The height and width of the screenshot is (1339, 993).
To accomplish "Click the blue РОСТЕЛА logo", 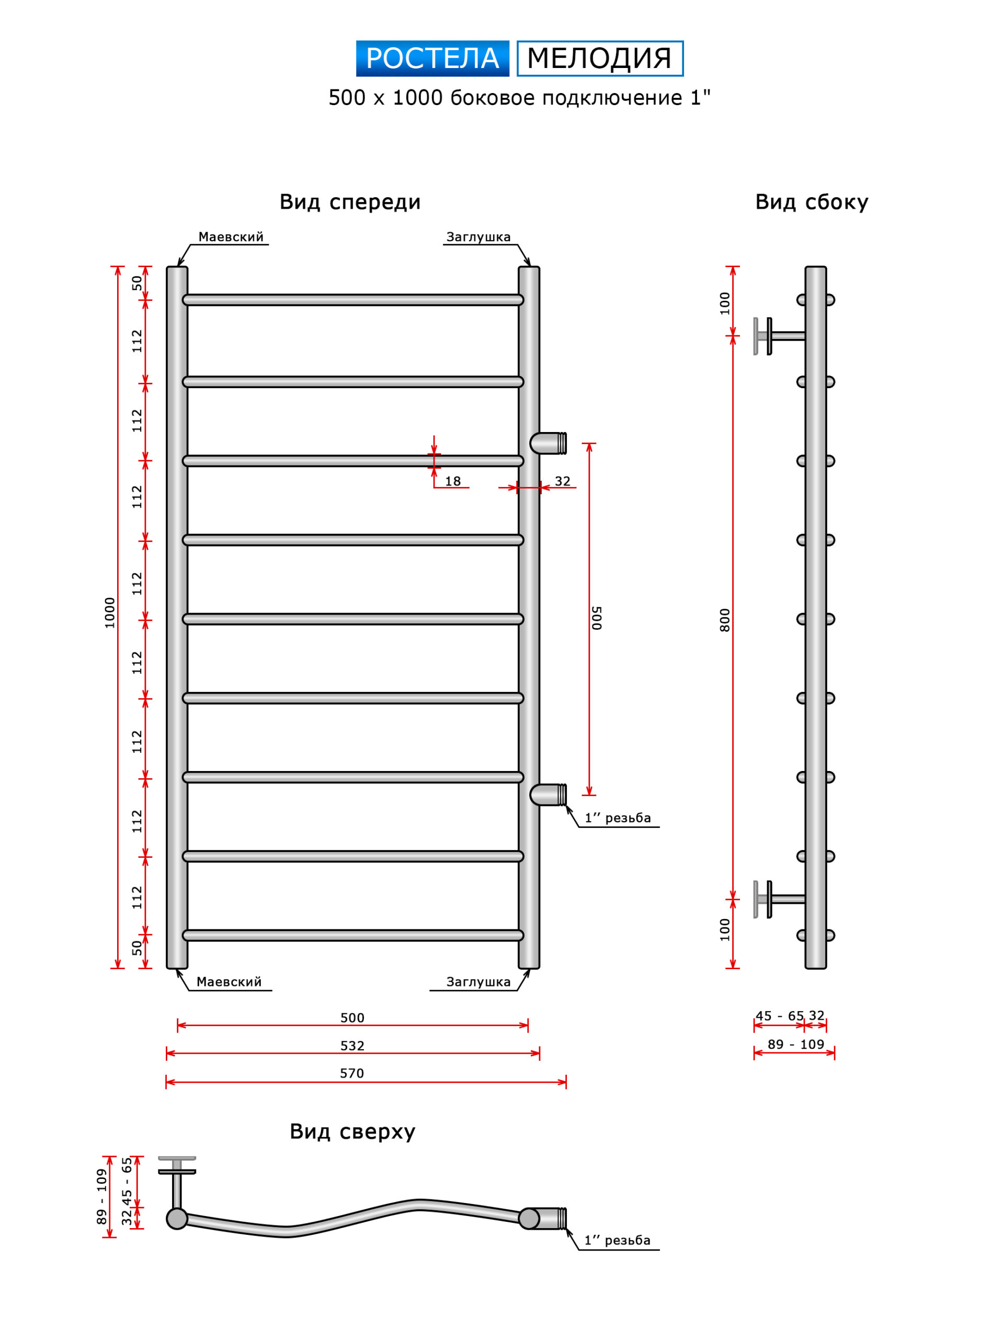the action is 432,59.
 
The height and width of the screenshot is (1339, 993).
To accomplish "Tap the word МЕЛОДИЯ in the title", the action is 599,59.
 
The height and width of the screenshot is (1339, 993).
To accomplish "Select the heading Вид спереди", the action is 350,202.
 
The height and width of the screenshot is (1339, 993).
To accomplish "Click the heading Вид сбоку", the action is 812,202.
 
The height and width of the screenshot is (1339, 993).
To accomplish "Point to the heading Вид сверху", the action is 352,1132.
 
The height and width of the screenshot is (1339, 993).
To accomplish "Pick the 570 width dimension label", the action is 352,1073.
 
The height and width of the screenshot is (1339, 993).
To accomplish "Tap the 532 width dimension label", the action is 352,1046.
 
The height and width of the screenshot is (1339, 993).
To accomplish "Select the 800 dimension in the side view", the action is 725,620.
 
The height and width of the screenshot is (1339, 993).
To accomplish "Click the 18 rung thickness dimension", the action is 453,482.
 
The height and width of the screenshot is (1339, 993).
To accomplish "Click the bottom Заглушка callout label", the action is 478,982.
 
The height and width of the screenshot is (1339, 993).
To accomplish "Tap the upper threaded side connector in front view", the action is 548,443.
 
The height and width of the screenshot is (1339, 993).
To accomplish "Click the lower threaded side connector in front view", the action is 548,795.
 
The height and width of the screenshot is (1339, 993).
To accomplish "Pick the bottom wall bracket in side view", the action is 779,900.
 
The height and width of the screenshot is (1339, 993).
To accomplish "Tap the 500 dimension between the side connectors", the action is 596,618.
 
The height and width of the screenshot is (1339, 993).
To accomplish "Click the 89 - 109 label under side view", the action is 796,1045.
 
